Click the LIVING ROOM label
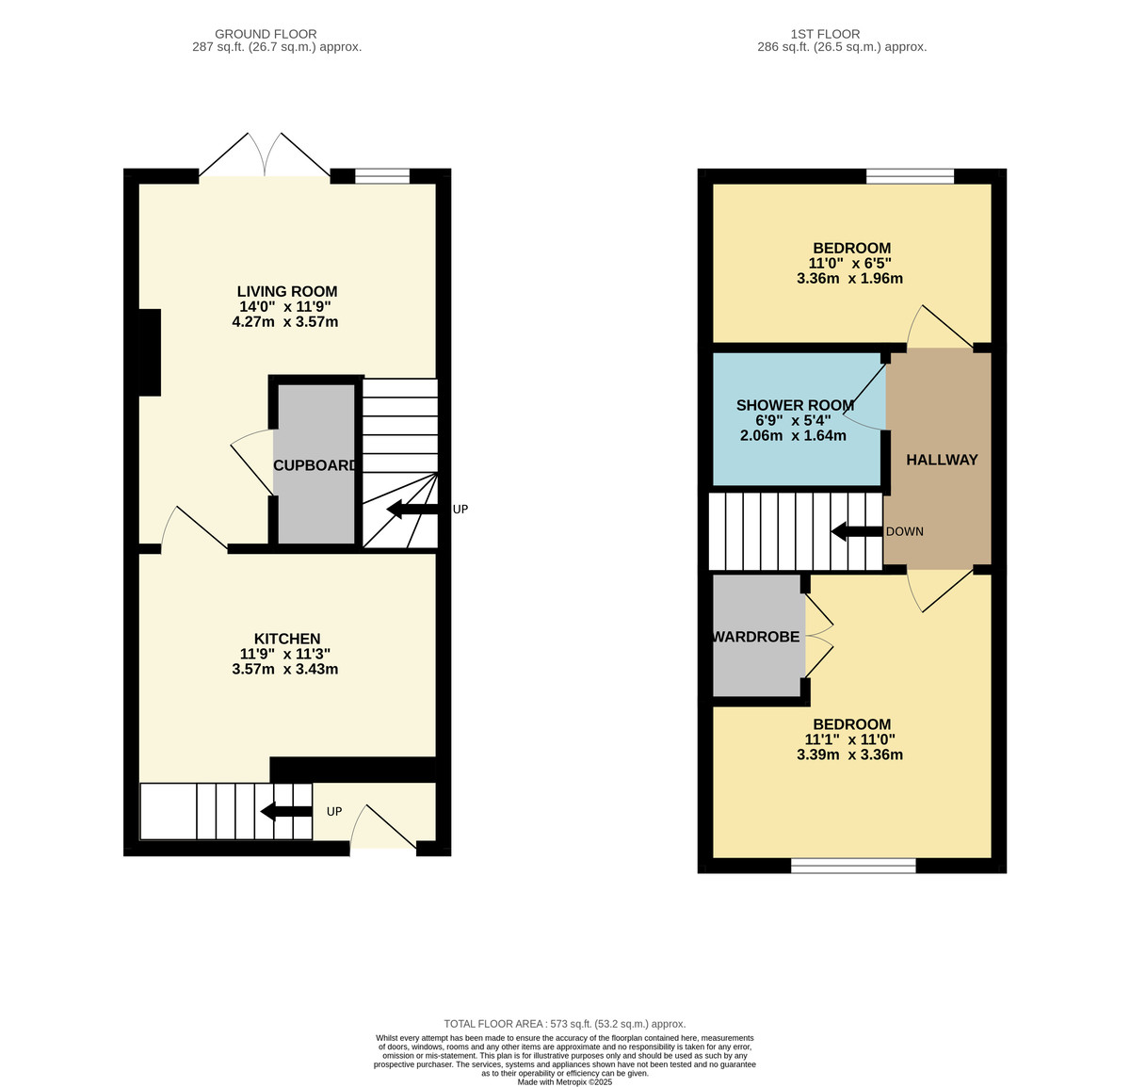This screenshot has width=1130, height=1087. pyautogui.click(x=287, y=292)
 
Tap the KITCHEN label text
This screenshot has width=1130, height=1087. pyautogui.click(x=287, y=639)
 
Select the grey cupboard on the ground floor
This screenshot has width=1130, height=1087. pyautogui.click(x=315, y=463)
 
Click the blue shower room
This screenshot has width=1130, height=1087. pyautogui.click(x=797, y=419)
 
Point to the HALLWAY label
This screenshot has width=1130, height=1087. pyautogui.click(x=942, y=460)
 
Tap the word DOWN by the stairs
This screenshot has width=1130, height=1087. pyautogui.click(x=904, y=531)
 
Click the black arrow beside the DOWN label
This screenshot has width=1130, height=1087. pyautogui.click(x=857, y=531)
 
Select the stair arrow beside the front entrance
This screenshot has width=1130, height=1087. pyautogui.click(x=286, y=812)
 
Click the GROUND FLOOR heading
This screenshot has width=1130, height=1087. pyautogui.click(x=266, y=34)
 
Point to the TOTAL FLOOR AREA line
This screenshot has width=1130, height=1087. pyautogui.click(x=564, y=1024)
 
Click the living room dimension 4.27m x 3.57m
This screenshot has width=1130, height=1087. pyautogui.click(x=285, y=322)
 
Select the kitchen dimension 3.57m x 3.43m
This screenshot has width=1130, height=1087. pyautogui.click(x=285, y=670)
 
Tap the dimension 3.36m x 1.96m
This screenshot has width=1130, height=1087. pyautogui.click(x=849, y=278)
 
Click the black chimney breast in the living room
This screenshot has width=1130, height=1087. pyautogui.click(x=150, y=352)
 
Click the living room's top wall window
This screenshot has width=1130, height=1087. pyautogui.click(x=382, y=176)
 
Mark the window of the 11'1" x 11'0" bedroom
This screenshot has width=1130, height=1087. pyautogui.click(x=853, y=866)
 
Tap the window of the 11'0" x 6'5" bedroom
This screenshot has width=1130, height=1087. pyautogui.click(x=910, y=176)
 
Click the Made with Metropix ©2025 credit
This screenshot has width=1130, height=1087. pyautogui.click(x=564, y=1081)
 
